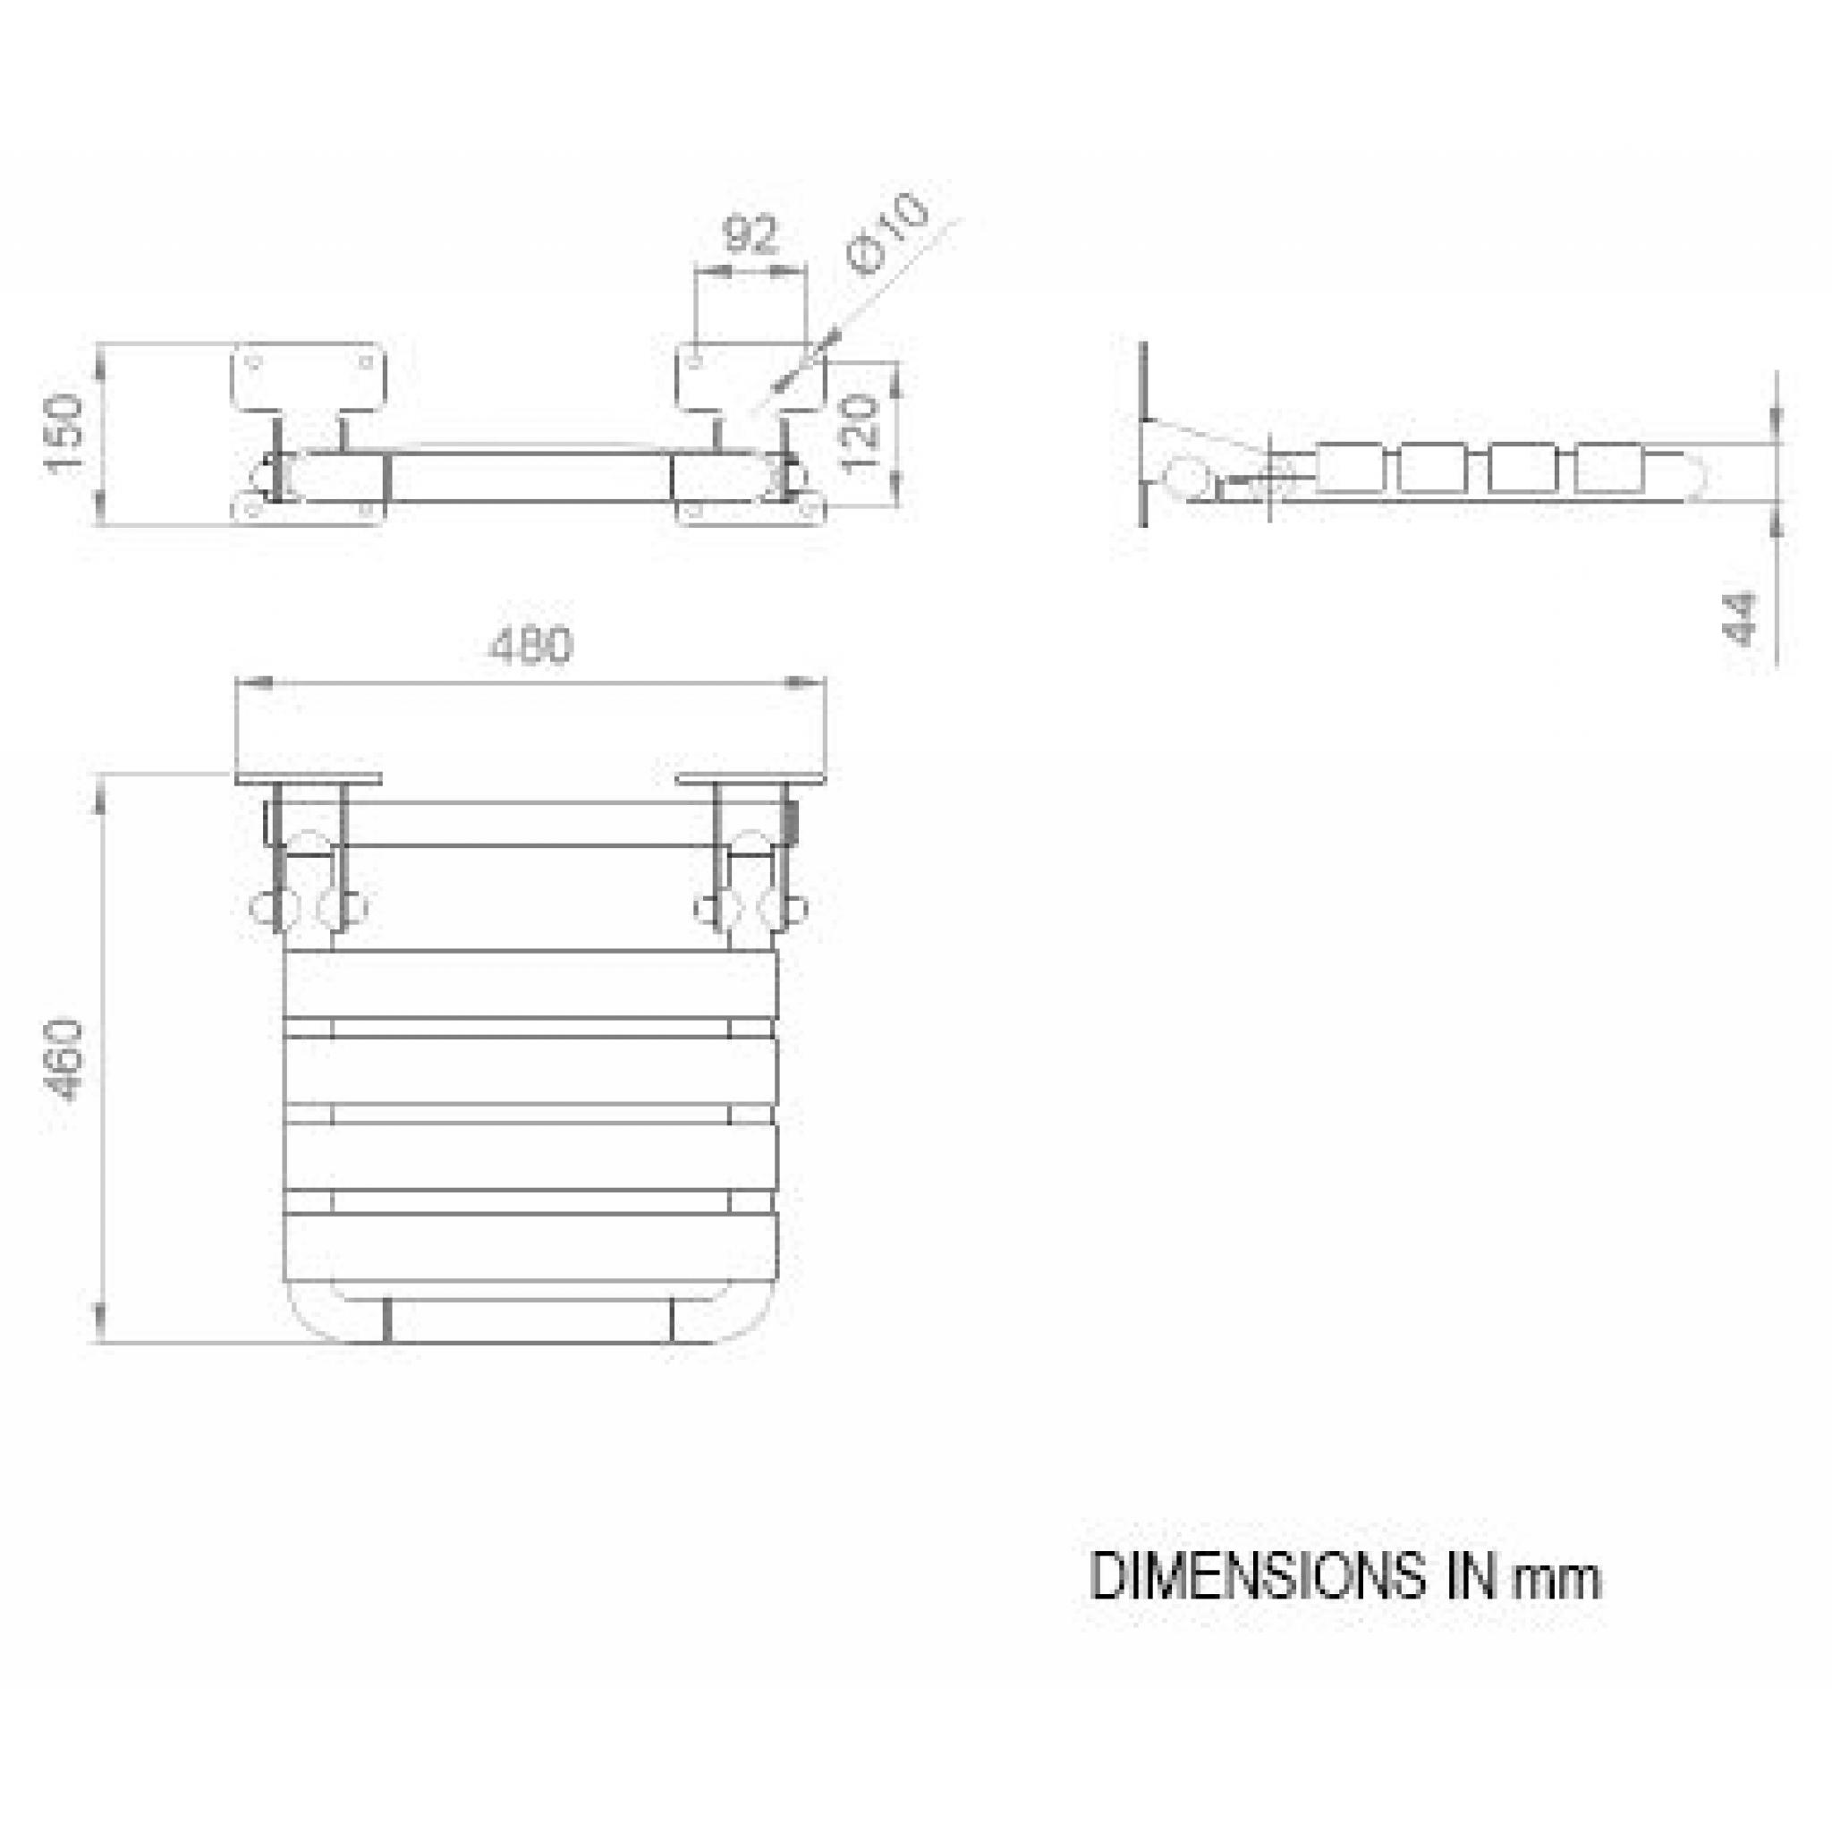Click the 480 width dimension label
(x=531, y=646)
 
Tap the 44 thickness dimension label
(x=1741, y=618)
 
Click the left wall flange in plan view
(x=309, y=778)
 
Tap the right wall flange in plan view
(x=751, y=778)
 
